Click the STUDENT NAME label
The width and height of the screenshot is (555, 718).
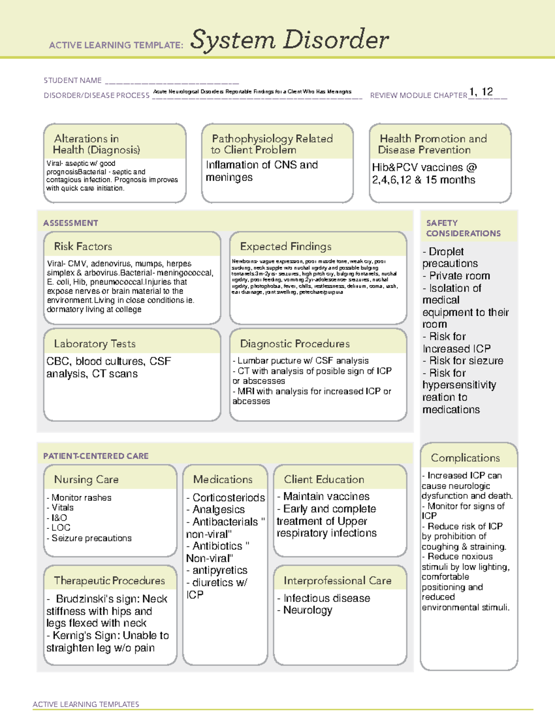tap(73, 80)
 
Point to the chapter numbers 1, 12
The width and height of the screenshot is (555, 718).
tap(481, 92)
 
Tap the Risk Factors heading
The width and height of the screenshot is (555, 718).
tap(83, 246)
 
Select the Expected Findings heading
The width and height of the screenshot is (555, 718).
tap(285, 246)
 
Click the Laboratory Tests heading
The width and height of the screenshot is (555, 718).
tap(94, 344)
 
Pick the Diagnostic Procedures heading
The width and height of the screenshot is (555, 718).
tap(295, 344)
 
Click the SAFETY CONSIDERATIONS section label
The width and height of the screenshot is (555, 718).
tap(463, 228)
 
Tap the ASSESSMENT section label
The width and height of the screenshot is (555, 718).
tap(71, 223)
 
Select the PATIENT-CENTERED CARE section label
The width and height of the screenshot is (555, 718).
tap(96, 456)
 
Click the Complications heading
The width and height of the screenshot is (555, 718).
tap(465, 458)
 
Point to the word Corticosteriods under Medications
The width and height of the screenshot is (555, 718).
tap(228, 497)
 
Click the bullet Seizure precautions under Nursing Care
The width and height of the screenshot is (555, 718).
tap(91, 538)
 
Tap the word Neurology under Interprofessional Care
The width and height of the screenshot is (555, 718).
tap(308, 610)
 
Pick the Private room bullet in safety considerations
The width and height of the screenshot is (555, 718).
tap(459, 276)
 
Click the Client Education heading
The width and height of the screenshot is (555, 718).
tap(324, 479)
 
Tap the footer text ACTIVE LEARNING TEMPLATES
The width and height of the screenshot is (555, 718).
tap(86, 704)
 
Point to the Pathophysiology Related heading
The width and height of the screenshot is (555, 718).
tap(272, 139)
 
